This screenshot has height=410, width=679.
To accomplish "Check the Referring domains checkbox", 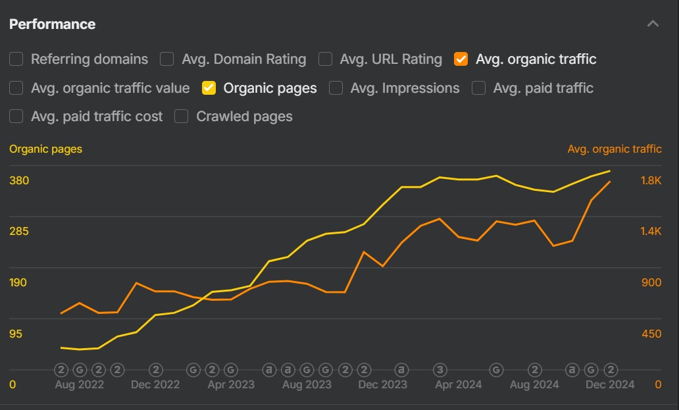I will (16, 59).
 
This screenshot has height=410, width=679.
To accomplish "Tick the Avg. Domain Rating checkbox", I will (168, 59).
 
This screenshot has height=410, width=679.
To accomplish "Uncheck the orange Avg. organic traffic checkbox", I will (461, 59).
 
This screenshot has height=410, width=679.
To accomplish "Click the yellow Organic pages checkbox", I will (209, 88).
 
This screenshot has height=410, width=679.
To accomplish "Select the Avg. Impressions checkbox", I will (336, 88).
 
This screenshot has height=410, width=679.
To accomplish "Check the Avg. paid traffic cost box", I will (16, 116).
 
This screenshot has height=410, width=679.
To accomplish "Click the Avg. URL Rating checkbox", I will (325, 59).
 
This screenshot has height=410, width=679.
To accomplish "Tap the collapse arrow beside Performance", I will (653, 24).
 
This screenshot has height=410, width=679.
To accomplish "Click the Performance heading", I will (52, 24).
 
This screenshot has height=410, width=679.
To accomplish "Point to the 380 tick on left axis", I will (19, 180).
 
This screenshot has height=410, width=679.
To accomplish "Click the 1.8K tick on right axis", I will (651, 180).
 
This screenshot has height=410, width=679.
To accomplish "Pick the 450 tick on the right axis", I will (651, 334).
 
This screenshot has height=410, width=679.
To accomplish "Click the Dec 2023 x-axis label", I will (382, 384).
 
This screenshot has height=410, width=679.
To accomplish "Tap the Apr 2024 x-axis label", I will (459, 384).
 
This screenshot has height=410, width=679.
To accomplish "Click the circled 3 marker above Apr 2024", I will (440, 370).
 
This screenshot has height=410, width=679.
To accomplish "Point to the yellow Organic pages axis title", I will (46, 149).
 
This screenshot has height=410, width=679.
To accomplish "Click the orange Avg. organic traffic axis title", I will (615, 149).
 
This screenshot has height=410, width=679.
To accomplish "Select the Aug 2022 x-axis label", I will (79, 384).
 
